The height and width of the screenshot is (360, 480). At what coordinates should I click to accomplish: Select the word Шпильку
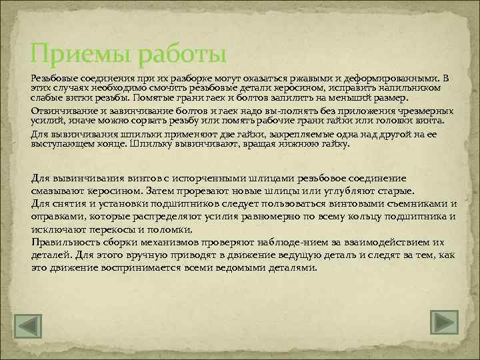(x=155, y=143)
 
